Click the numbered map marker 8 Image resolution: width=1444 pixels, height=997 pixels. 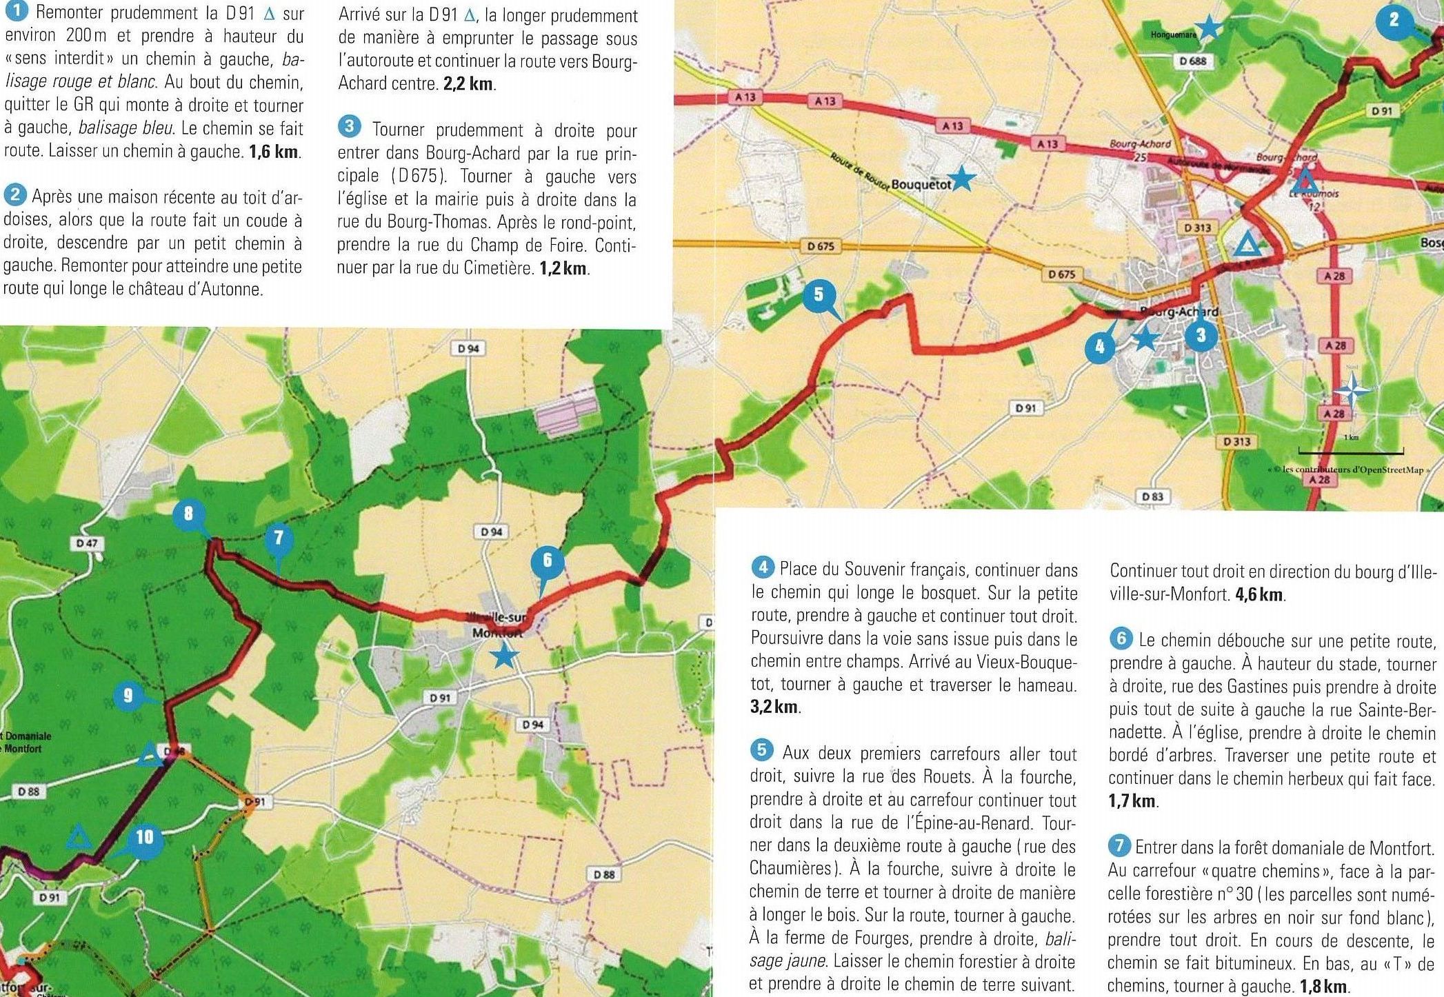[188, 514]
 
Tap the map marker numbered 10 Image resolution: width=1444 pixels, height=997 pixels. [144, 837]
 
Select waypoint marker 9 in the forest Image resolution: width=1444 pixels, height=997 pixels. [128, 695]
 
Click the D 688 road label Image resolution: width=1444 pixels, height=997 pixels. [1192, 61]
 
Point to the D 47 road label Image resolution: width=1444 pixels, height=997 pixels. [88, 543]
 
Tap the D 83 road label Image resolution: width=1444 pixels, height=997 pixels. [1152, 496]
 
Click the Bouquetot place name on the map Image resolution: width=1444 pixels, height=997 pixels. [921, 184]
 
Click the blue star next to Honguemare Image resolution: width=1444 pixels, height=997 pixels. [1208, 28]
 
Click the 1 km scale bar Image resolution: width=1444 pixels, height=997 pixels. [1350, 452]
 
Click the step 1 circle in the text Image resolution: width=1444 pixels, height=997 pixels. [15, 12]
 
